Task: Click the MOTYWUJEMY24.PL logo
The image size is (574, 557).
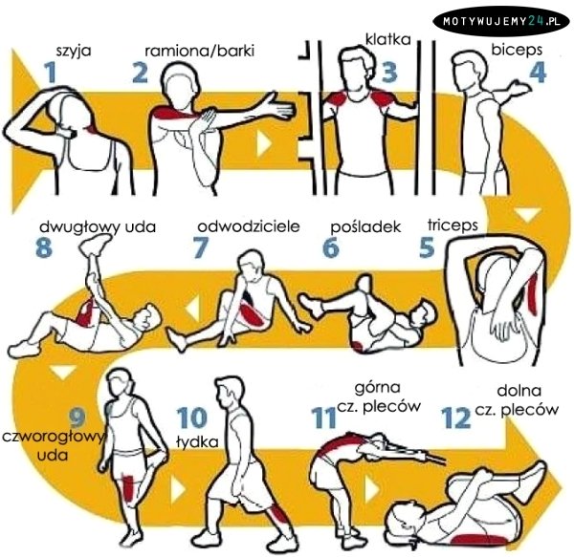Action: tap(501, 21)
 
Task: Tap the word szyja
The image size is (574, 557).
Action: tap(74, 51)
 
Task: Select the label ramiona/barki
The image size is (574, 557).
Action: tap(200, 51)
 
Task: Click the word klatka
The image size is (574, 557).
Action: tap(388, 39)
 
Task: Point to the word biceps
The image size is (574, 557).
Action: tap(517, 50)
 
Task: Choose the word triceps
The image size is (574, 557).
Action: tap(453, 225)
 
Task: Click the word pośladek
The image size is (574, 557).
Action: tap(365, 227)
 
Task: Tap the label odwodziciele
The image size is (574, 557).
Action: tap(249, 226)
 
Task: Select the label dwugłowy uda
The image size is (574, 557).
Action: tap(98, 227)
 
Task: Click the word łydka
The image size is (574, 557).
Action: tap(197, 441)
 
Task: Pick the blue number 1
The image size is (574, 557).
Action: tap(51, 73)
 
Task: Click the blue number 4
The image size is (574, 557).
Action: tap(538, 73)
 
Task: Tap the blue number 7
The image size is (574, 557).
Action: tap(201, 247)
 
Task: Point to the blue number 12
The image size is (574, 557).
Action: tap(455, 418)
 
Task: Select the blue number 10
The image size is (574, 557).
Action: tap(192, 418)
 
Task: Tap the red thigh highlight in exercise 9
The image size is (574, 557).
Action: tap(128, 489)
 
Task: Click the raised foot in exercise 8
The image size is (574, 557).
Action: tap(96, 245)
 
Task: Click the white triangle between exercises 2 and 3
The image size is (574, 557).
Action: tap(264, 143)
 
